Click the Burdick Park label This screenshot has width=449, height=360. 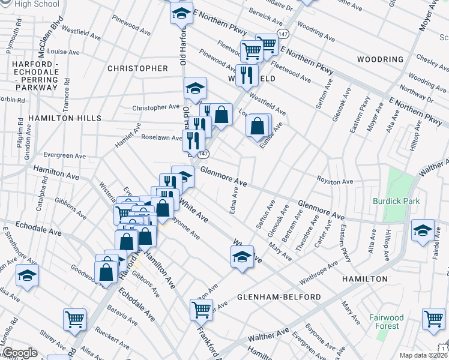[x=396, y=201]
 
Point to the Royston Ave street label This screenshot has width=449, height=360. [x=335, y=181]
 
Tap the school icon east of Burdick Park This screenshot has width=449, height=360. [x=423, y=230]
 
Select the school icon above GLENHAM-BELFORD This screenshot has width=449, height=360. [x=241, y=257]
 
